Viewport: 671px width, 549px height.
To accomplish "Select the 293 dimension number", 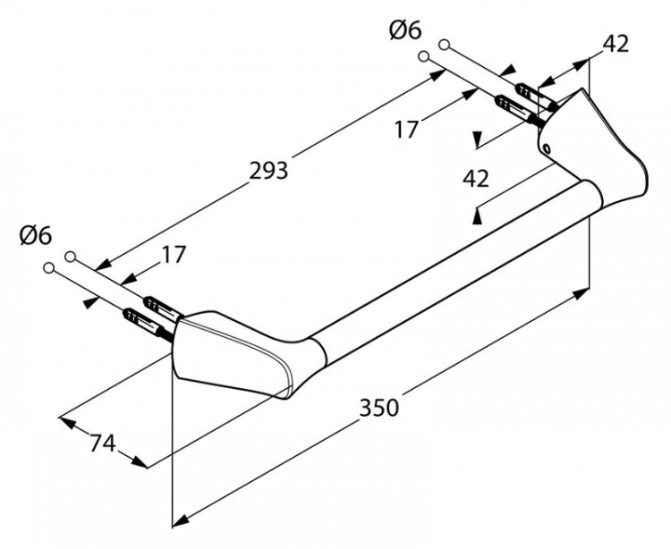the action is (x=268, y=171).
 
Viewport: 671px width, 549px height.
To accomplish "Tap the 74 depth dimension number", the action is (x=103, y=443).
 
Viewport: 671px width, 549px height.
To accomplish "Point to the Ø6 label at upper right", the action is (x=405, y=30).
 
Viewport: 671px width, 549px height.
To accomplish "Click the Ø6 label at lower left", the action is (x=36, y=235).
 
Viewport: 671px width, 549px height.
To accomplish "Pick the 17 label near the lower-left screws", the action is (x=173, y=255).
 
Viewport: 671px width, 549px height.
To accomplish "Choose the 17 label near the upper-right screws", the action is (x=404, y=129).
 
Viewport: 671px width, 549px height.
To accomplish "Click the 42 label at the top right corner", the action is (x=616, y=43).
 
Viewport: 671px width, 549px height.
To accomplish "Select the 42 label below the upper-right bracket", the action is (x=475, y=178).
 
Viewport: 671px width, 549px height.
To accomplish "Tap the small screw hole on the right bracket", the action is (x=547, y=148).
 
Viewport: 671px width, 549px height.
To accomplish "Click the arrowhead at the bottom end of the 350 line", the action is (x=180, y=519).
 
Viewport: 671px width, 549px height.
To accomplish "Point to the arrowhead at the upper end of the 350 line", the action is (x=581, y=294).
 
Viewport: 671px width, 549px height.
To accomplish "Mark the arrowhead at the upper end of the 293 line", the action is (x=437, y=76).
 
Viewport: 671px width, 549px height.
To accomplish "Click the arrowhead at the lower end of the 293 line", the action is (x=103, y=264).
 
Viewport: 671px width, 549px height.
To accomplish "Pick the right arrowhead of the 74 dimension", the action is (x=140, y=461).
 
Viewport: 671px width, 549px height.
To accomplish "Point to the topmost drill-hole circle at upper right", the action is (x=444, y=44).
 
